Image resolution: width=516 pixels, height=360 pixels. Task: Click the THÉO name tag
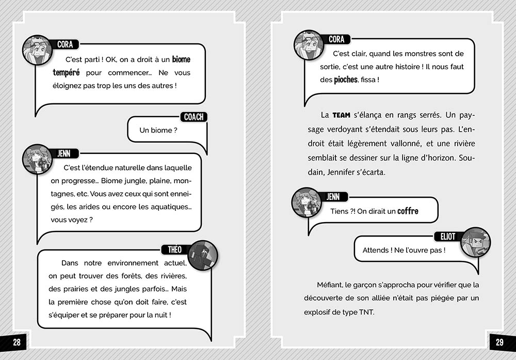pyautogui.click(x=175, y=249)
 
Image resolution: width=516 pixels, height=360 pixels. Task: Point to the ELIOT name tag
pyautogui.click(x=448, y=236)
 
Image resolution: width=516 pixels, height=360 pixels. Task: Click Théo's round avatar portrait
pyautogui.click(x=203, y=255)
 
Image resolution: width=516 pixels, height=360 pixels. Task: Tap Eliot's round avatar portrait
pyautogui.click(x=475, y=242)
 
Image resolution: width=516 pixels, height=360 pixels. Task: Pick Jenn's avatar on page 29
pyautogui.click(x=307, y=202)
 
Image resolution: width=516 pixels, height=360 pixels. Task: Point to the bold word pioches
pyautogui.click(x=346, y=80)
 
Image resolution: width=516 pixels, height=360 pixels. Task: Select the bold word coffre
pyautogui.click(x=408, y=211)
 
